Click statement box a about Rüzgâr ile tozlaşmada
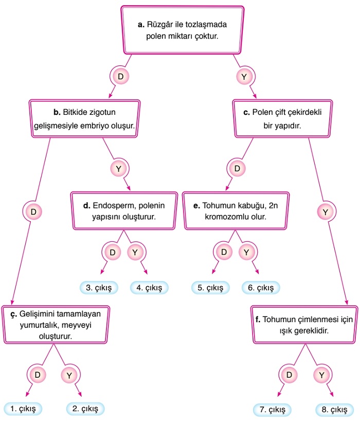coord(182,30)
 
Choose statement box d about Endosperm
coord(120,209)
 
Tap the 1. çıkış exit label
coord(23,409)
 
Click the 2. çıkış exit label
coord(86,409)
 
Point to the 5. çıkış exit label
coord(211,287)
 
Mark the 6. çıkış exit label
coord(261,287)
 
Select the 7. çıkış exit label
coord(272,410)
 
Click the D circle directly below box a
coord(120,77)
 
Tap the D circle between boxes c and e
coord(237,168)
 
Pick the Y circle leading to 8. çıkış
coord(321,375)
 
